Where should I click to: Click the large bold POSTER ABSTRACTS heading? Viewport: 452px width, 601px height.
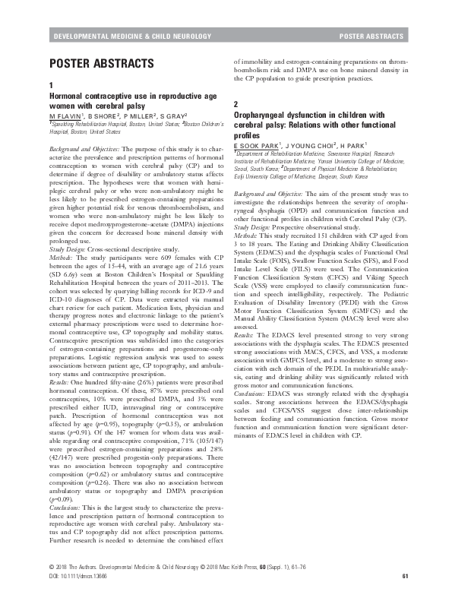coord(101,63)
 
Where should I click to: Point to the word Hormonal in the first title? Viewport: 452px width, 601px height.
coord(66,96)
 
